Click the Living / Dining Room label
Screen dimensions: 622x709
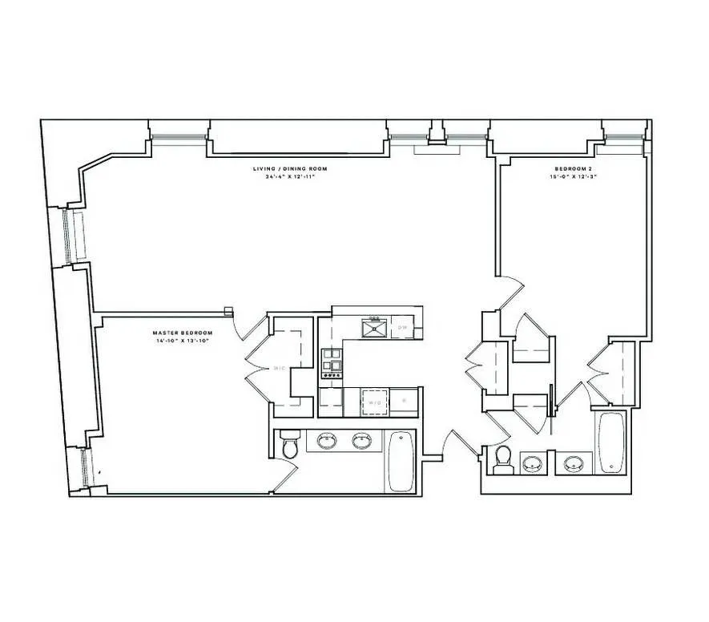[x=290, y=169]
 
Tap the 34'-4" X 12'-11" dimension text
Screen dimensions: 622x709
[x=290, y=177]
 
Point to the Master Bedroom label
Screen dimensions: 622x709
[x=183, y=333]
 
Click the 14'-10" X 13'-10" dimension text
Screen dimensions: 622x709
[x=183, y=341]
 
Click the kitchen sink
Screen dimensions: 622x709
[x=374, y=327]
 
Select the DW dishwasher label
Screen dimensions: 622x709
[x=403, y=328]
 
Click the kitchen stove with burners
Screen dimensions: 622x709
[x=330, y=364]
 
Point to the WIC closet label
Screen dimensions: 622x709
[x=280, y=369]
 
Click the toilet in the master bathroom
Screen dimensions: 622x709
[x=288, y=446]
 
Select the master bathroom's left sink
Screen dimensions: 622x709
[x=327, y=441]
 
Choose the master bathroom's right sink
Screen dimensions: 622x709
[x=363, y=441]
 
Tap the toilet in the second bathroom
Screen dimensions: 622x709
[x=503, y=458]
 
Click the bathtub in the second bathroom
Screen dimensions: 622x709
[x=610, y=442]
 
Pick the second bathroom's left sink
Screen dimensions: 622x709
[x=532, y=462]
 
